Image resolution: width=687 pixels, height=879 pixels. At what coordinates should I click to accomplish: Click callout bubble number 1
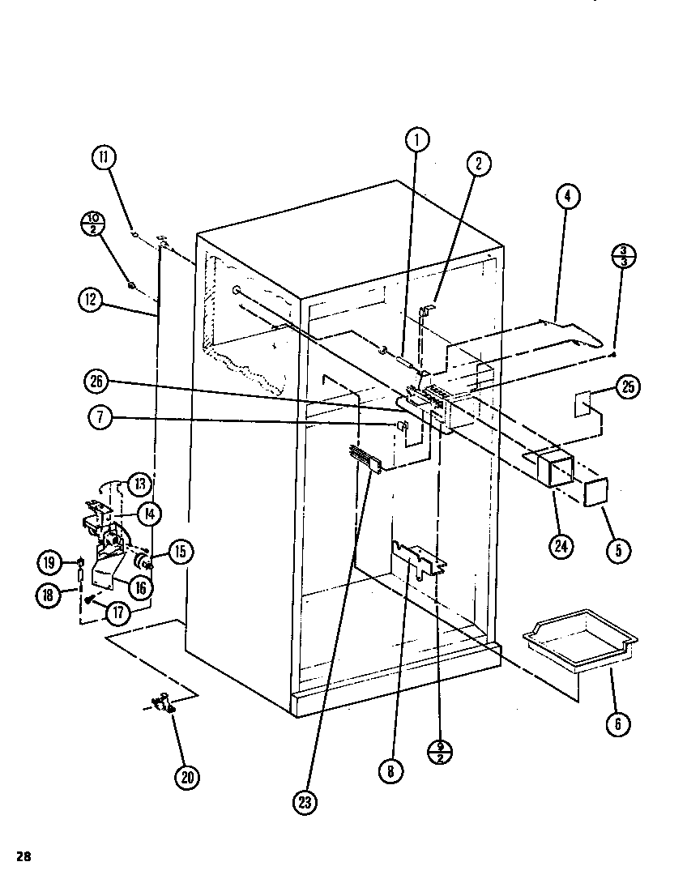[x=416, y=139]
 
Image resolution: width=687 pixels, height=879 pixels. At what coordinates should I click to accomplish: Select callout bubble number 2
[x=478, y=164]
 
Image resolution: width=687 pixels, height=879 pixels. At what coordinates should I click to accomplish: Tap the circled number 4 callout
[x=568, y=196]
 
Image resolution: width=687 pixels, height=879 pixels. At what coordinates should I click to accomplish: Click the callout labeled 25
[x=628, y=387]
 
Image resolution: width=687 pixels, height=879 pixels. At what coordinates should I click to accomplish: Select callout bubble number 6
[x=617, y=723]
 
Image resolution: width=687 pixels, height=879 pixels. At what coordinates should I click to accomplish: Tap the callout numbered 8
[x=390, y=771]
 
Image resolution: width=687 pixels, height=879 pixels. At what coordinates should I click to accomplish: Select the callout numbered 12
[x=90, y=300]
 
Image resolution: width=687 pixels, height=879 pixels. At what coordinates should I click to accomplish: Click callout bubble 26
[x=96, y=382]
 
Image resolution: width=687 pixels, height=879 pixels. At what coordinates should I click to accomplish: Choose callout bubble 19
[x=49, y=561]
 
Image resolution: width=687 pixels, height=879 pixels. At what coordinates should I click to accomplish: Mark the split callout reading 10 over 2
[x=94, y=224]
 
